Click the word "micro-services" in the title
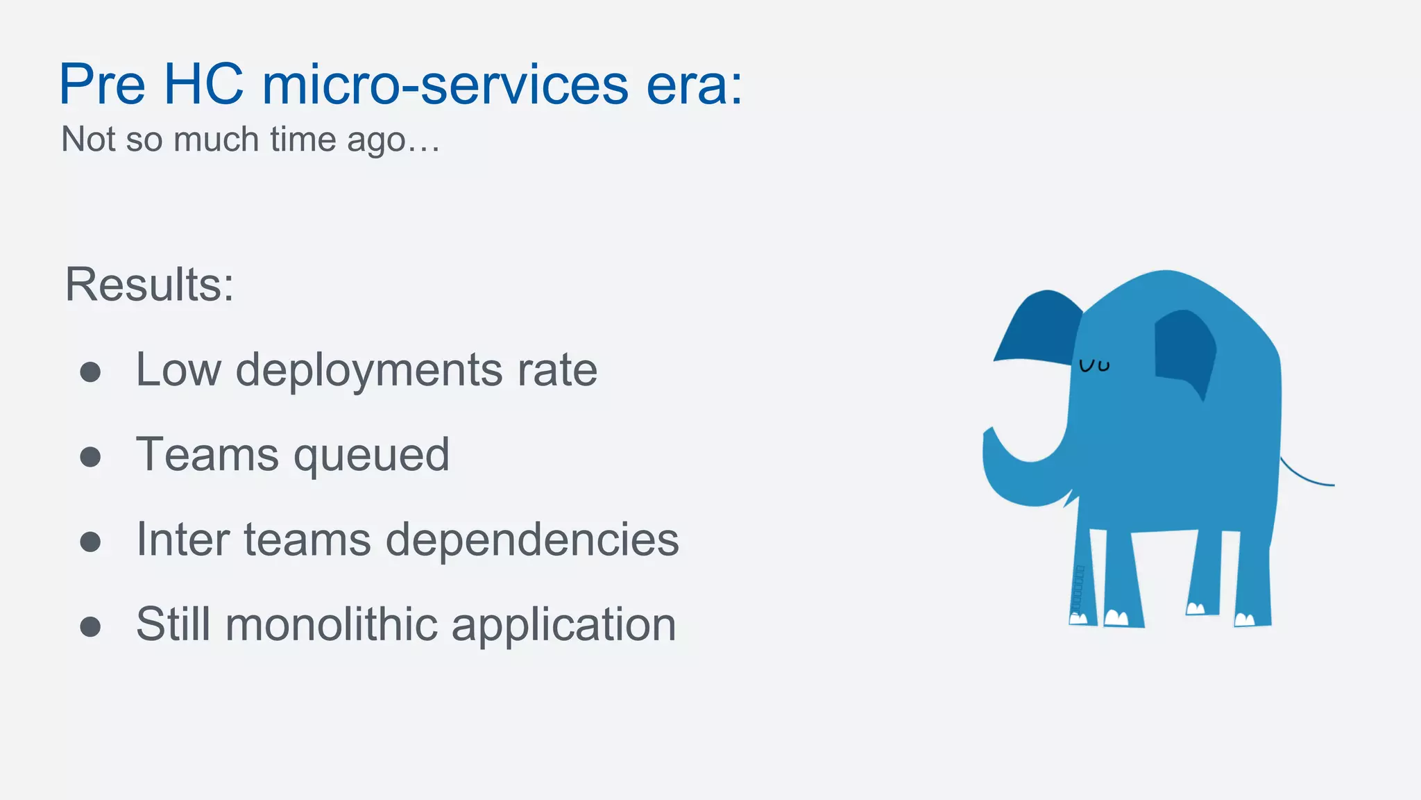[x=445, y=85]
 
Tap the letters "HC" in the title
[x=203, y=85]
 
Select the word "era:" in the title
[x=694, y=85]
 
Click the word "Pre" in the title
[x=102, y=85]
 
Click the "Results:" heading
[x=149, y=285]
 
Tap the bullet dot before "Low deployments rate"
[x=90, y=372]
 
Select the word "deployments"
[x=368, y=370]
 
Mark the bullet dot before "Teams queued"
[x=90, y=457]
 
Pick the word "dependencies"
[x=532, y=540]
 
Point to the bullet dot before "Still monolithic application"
[x=90, y=626]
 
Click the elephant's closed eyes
[x=1094, y=365]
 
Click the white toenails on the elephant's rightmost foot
[x=1245, y=619]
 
